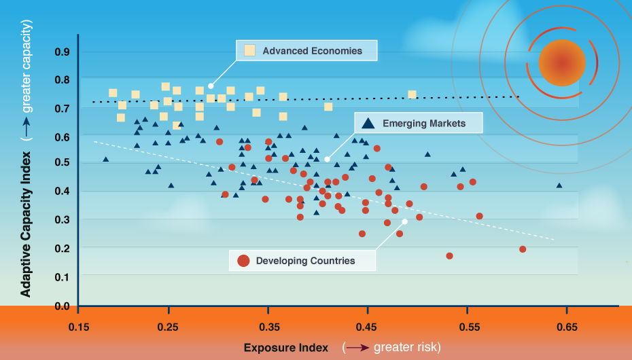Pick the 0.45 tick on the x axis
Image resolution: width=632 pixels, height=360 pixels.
368,327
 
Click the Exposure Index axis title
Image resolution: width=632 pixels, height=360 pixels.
286,348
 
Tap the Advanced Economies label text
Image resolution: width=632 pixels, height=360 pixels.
312,50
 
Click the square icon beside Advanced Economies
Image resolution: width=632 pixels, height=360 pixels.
250,50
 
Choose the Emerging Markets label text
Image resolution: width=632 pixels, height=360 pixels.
424,123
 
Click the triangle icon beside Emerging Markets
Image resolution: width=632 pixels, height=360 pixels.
368,124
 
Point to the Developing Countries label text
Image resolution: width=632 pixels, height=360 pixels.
305,260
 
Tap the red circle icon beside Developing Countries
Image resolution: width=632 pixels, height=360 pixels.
243,260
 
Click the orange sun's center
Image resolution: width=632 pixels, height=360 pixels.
561,62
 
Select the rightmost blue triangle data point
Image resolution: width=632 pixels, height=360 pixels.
559,185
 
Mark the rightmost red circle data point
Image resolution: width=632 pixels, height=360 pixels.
523,249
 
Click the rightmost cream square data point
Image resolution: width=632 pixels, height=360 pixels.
412,94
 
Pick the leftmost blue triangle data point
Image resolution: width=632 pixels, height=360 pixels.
105,159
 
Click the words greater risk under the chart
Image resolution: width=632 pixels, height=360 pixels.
406,348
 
